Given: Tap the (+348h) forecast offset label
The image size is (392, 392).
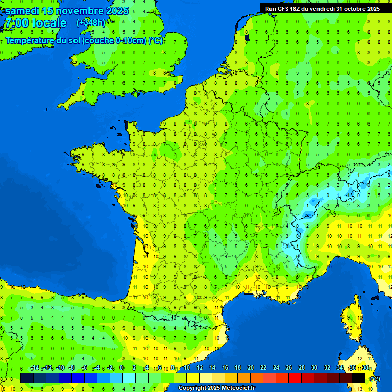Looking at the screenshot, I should coord(90,23).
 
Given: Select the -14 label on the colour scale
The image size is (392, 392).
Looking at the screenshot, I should coord(35,368).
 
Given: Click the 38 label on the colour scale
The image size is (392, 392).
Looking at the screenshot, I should coord(365,368).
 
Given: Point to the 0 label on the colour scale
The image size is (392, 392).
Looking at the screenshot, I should coord(121,368).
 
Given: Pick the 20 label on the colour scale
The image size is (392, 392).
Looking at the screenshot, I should coord(250,368).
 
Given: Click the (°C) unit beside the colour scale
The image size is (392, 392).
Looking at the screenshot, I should coord(374,379).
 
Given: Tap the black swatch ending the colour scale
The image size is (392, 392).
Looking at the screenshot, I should coord(359,378).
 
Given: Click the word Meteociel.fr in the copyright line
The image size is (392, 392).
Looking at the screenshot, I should coord(235,388).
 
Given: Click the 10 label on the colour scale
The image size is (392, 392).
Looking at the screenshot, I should coord(186,368).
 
